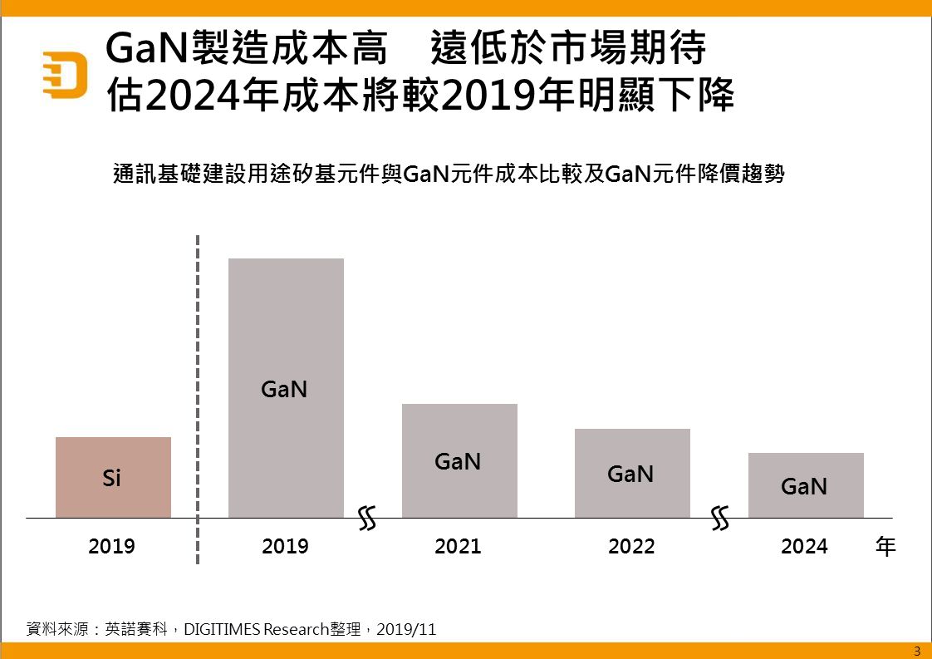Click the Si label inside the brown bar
(112, 479)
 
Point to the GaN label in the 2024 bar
(804, 487)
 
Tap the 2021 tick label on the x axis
(458, 546)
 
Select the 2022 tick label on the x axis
(631, 546)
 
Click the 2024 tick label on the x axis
(804, 546)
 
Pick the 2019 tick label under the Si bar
(111, 546)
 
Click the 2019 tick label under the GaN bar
(285, 546)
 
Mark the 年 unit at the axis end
(886, 547)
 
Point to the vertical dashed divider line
(198, 399)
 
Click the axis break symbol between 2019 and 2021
(368, 519)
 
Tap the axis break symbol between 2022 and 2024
(721, 519)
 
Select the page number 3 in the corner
(917, 651)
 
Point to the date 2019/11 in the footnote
(406, 629)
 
